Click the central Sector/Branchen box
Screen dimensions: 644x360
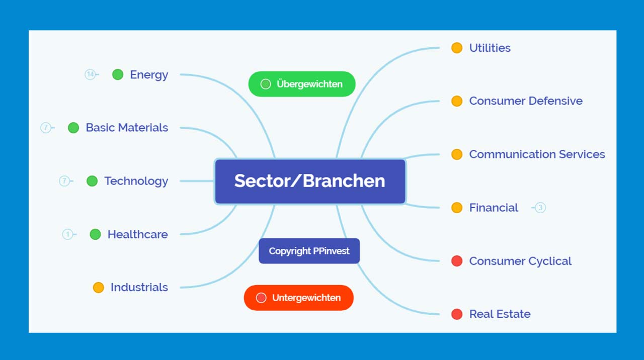tap(310, 182)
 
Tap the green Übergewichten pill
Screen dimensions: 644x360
tap(302, 84)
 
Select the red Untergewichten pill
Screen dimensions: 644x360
tap(299, 298)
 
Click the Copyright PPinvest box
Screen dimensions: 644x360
tap(309, 251)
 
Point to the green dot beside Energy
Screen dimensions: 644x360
tap(118, 75)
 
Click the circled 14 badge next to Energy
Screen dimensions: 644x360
tap(90, 75)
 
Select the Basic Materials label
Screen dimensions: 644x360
tap(127, 128)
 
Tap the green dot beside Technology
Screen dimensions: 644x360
tap(92, 181)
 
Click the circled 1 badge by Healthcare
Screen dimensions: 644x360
tap(67, 234)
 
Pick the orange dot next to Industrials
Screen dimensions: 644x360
tap(98, 287)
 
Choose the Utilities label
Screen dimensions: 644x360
tap(490, 48)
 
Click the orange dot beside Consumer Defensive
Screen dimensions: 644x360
tap(457, 101)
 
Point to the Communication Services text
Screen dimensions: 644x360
tap(537, 154)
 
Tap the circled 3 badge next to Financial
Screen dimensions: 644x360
tap(540, 208)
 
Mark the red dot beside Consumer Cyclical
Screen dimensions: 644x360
tap(457, 261)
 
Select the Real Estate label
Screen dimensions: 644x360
tap(500, 314)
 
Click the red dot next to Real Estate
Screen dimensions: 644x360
tap(457, 314)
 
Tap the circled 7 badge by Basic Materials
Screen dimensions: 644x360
tap(46, 128)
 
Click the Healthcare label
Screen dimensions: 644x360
tap(138, 234)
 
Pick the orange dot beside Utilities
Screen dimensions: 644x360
tap(457, 48)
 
